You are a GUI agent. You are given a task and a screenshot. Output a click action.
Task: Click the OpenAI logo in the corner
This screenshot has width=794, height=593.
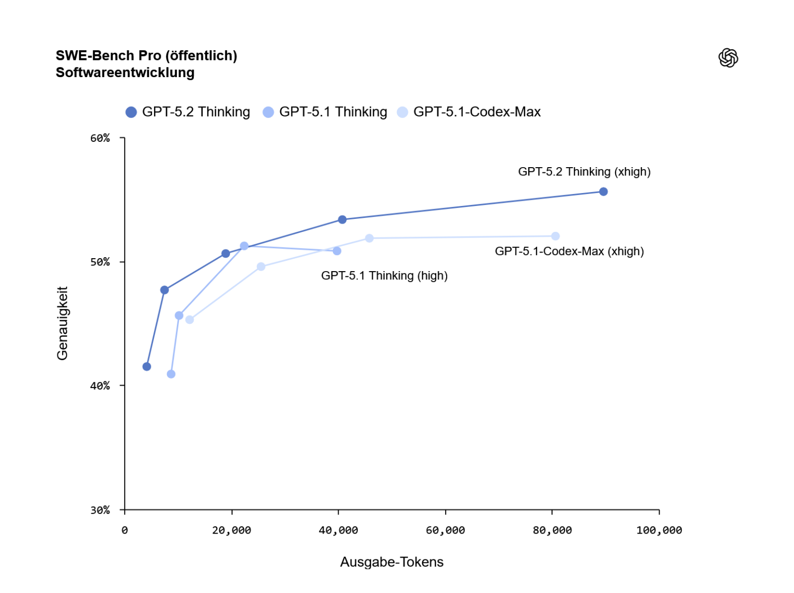click(x=728, y=58)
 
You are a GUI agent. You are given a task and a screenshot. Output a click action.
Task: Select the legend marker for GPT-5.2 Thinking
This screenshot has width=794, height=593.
click(x=131, y=112)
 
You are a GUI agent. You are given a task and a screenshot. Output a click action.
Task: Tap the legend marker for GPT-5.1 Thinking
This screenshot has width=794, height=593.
click(x=268, y=112)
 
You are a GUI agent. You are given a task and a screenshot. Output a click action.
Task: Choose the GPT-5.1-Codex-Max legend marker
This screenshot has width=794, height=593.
click(x=403, y=112)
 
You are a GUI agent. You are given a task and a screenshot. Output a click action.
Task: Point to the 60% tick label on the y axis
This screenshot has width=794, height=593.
click(x=100, y=138)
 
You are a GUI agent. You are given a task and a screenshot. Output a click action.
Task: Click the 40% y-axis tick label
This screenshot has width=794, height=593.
click(x=100, y=386)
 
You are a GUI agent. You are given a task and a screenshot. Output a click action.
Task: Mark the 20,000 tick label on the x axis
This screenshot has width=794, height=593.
click(x=232, y=530)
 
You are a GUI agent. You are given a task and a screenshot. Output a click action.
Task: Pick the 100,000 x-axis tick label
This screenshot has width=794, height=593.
click(x=659, y=530)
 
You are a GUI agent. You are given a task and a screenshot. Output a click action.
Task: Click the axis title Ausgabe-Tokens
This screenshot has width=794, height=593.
click(x=392, y=562)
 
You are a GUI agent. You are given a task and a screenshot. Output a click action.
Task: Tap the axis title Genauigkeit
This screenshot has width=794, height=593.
click(x=63, y=323)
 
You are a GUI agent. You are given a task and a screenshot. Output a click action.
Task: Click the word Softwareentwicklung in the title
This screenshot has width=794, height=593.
click(x=125, y=72)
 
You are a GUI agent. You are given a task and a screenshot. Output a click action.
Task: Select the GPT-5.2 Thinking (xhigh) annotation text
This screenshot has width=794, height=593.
click(x=584, y=172)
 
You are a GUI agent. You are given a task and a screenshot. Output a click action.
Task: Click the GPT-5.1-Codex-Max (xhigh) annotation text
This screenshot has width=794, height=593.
click(x=569, y=251)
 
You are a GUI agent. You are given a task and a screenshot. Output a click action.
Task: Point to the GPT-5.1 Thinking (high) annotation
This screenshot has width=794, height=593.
click(x=384, y=276)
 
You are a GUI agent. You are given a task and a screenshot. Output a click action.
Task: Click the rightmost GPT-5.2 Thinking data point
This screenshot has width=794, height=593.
click(x=603, y=192)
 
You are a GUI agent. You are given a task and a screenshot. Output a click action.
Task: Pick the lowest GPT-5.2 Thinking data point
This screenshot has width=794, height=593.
click(x=147, y=367)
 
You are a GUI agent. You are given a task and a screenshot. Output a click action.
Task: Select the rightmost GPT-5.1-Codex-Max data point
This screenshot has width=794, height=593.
click(x=556, y=236)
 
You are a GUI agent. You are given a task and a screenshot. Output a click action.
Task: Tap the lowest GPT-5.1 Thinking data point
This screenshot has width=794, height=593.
click(x=171, y=374)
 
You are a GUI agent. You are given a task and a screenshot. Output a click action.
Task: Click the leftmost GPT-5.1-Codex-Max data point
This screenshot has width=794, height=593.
click(x=190, y=320)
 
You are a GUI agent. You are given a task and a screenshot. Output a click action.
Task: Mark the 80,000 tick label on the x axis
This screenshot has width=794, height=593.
click(x=552, y=530)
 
